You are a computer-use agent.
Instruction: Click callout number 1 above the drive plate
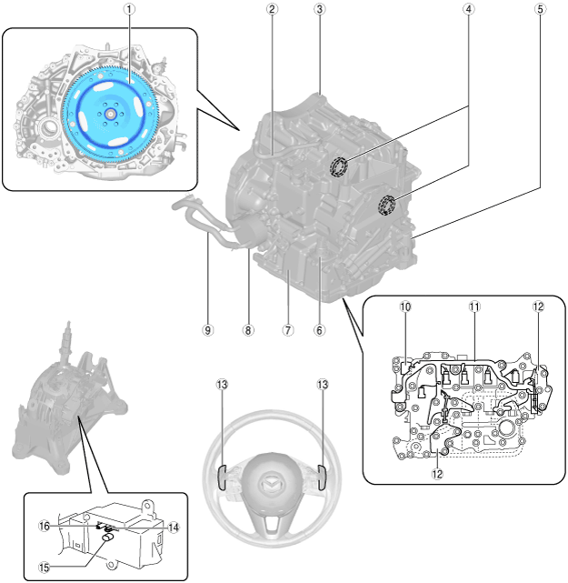tap(130, 9)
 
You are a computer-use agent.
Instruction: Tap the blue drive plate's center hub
tap(109, 115)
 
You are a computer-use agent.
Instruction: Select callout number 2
tap(272, 9)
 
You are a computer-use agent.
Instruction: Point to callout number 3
tap(319, 9)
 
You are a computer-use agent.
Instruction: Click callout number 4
tap(468, 9)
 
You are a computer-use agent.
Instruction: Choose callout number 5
tap(541, 9)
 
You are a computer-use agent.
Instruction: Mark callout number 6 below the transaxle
tap(319, 329)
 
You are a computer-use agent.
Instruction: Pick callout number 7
tap(287, 329)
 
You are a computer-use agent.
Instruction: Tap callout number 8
tap(248, 329)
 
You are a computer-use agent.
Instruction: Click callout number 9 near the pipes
tap(208, 329)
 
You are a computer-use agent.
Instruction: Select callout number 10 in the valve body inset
tap(405, 307)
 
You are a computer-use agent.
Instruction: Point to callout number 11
tap(473, 307)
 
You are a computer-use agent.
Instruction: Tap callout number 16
tap(44, 527)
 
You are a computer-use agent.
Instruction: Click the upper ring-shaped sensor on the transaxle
tap(341, 167)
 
